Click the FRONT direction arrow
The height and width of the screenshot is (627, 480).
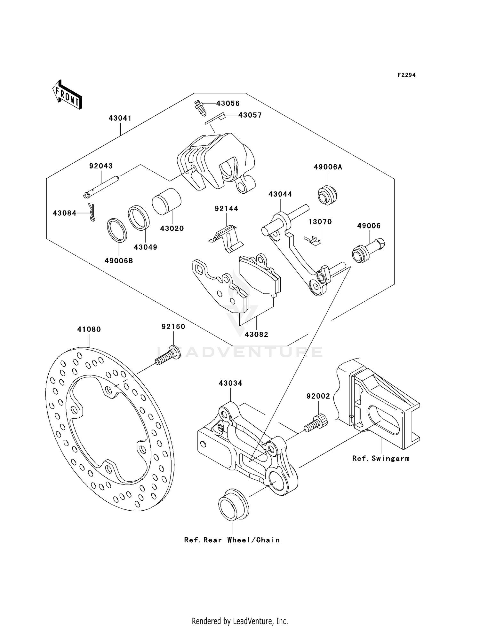click(68, 95)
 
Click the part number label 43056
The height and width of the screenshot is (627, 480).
click(228, 104)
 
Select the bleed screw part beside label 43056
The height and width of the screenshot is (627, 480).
click(199, 108)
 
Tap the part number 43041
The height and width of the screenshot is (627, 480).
click(120, 118)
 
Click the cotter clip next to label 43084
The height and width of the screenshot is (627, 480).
click(92, 213)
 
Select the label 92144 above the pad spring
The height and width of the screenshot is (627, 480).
click(226, 209)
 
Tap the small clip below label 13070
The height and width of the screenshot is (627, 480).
click(313, 240)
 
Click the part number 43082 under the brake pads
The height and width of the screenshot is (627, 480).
click(256, 335)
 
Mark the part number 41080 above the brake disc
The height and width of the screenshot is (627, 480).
click(89, 329)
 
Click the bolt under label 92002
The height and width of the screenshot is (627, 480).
click(316, 422)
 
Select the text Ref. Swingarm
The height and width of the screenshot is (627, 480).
click(381, 459)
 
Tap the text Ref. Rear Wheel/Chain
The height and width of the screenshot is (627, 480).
click(232, 540)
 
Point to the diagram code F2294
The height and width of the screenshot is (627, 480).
click(406, 75)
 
